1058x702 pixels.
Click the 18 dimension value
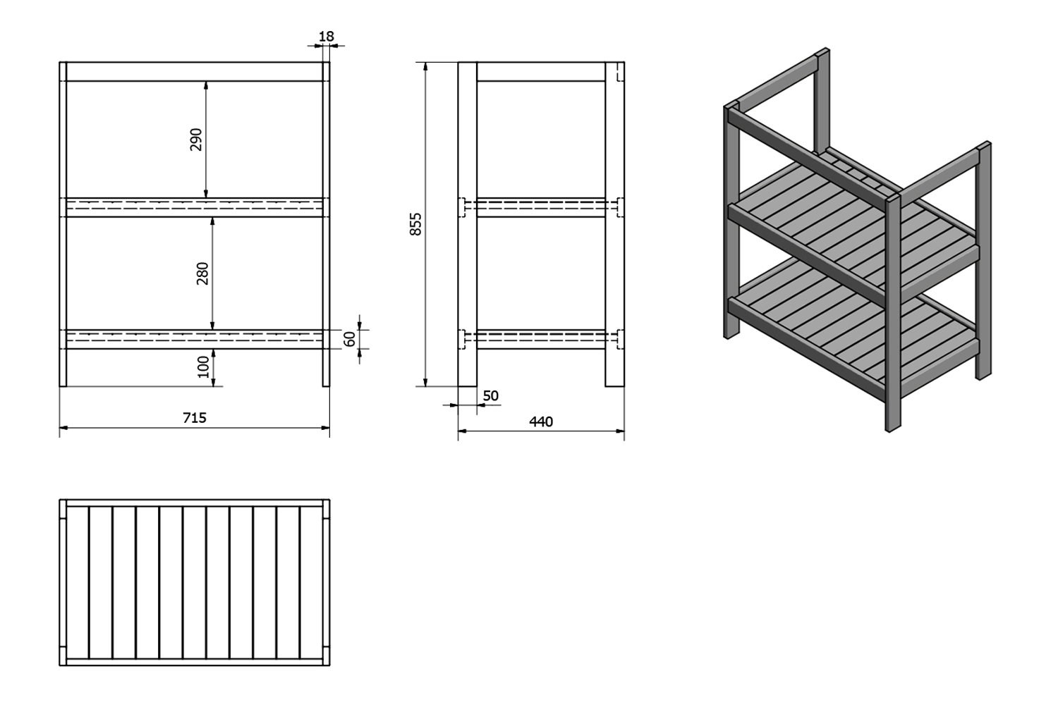(327, 37)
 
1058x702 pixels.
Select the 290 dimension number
(196, 140)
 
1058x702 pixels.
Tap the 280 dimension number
(202, 273)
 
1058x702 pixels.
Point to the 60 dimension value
(350, 339)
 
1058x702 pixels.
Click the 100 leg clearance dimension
(204, 367)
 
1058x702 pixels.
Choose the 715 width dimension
(195, 418)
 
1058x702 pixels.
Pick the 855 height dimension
(415, 224)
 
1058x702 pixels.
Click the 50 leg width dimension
(491, 395)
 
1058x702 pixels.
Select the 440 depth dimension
(541, 421)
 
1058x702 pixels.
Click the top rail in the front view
(195, 72)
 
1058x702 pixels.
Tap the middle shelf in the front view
(195, 207)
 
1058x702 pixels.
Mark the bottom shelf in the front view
(195, 339)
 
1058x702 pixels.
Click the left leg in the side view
(468, 224)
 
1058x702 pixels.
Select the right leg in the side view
(615, 224)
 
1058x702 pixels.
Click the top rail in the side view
(541, 72)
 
